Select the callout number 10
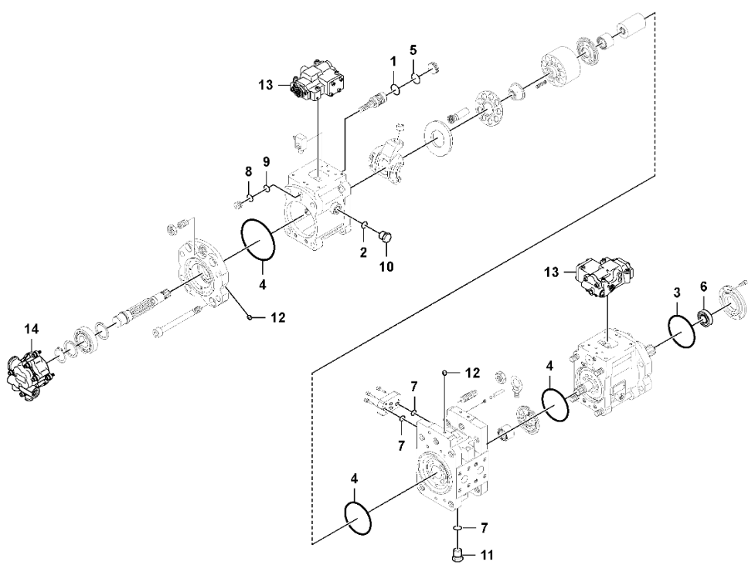coord(386,267)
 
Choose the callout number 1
coord(393,61)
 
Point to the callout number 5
coord(413,50)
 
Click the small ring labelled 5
coord(414,76)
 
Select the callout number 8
coord(248,171)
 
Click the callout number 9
coord(267,161)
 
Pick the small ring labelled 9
coord(266,189)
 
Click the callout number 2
coord(363,252)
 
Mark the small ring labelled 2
coord(363,225)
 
